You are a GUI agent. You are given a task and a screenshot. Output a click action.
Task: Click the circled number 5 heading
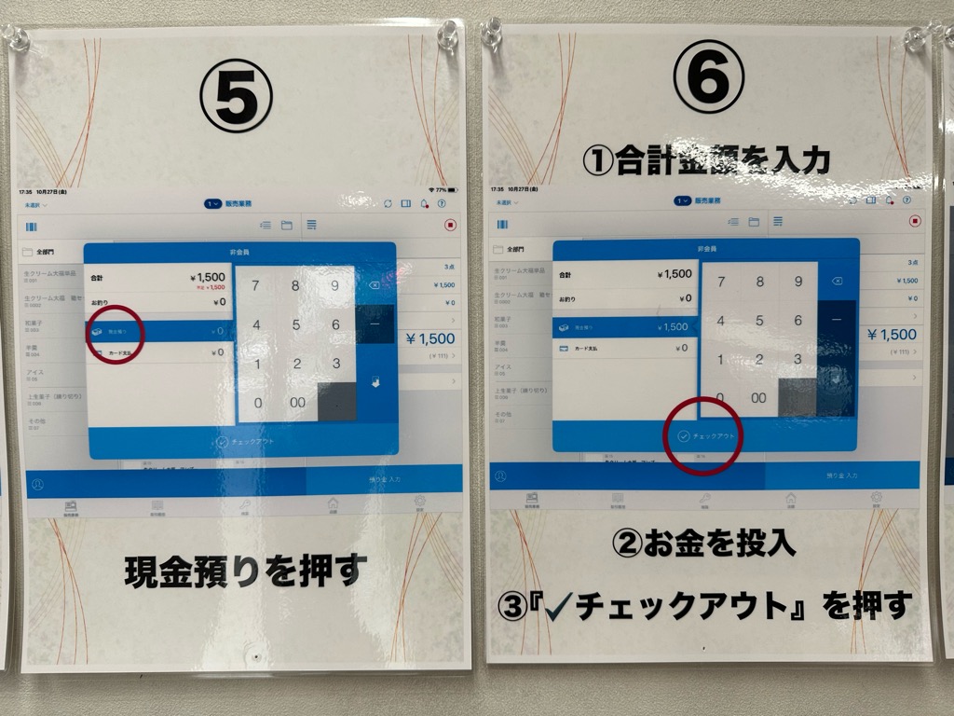click(237, 96)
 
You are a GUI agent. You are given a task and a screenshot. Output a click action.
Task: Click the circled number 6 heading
click(708, 76)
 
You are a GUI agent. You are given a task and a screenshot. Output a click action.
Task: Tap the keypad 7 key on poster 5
click(256, 285)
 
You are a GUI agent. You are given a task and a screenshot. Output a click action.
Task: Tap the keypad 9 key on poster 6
click(798, 281)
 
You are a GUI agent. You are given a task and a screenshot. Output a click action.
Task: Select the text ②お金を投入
click(704, 544)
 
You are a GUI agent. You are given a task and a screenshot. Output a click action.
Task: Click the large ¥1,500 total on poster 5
click(429, 338)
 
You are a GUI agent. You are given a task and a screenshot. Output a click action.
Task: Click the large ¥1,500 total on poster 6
click(892, 335)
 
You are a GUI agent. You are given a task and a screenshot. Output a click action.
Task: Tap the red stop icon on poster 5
click(451, 225)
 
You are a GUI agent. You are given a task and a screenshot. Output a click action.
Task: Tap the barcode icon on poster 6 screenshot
click(503, 224)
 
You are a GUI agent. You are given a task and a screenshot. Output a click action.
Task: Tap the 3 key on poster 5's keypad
click(335, 364)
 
